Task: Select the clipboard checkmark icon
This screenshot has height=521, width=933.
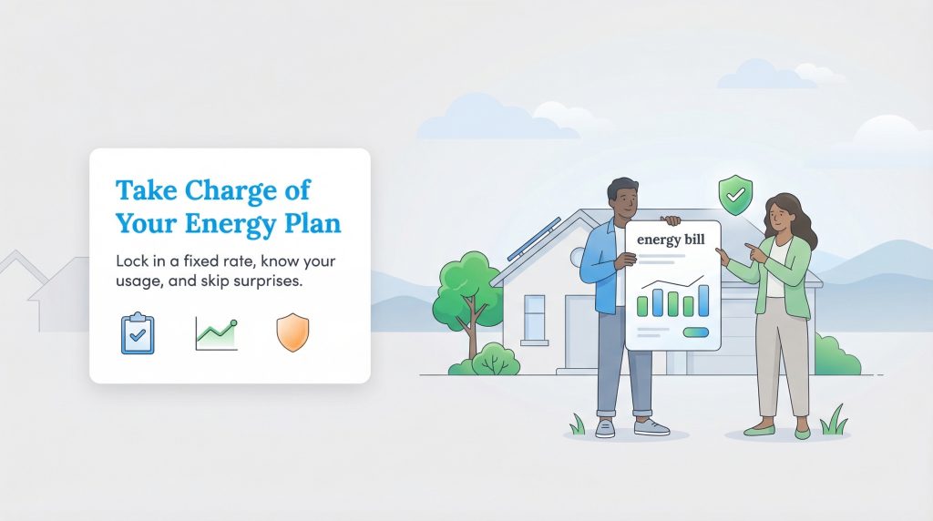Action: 138,333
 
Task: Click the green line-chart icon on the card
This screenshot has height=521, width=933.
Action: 216,334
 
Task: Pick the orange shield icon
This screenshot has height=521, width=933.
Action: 292,333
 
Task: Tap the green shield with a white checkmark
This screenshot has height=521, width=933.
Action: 735,194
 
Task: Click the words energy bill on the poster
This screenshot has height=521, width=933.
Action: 672,240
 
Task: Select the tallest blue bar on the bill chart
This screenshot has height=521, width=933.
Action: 702,300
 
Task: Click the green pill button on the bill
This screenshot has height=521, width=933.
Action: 696,332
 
